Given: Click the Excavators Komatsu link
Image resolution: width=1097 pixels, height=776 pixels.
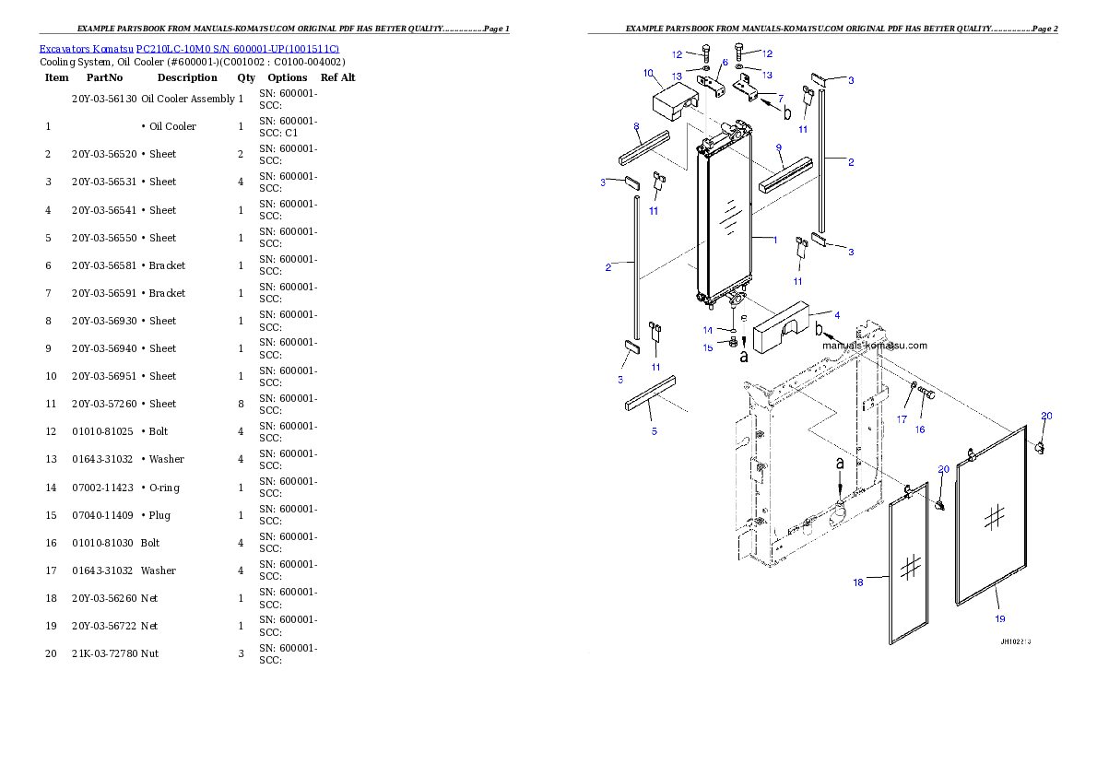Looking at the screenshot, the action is click(x=86, y=49).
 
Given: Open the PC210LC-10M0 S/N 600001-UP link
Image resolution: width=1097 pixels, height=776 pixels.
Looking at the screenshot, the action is click(x=238, y=49).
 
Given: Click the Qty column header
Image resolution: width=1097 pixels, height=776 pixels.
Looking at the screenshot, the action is click(x=246, y=77).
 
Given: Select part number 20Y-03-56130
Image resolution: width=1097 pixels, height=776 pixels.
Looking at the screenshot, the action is click(x=104, y=99).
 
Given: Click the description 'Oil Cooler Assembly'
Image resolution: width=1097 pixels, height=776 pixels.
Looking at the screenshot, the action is click(x=188, y=99).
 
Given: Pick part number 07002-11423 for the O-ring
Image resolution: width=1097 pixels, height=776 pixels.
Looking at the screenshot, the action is click(x=103, y=487).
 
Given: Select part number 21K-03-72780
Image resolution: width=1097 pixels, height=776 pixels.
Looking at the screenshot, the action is click(x=104, y=653).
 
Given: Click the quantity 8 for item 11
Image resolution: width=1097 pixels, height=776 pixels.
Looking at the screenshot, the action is click(x=241, y=404).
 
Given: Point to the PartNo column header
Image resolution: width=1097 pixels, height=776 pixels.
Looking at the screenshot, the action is click(x=104, y=77).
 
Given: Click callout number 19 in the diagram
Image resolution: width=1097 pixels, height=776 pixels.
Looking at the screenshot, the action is click(x=1000, y=618).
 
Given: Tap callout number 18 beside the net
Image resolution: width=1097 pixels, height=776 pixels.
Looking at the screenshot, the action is click(x=857, y=582).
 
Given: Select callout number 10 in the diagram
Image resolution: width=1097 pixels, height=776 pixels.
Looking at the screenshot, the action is click(x=649, y=73).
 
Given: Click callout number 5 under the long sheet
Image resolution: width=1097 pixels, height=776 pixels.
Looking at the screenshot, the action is click(x=655, y=431).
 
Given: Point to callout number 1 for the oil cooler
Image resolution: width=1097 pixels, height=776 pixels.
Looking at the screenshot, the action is click(x=775, y=240).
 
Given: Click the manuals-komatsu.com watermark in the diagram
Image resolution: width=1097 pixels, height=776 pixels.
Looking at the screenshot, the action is click(x=875, y=345).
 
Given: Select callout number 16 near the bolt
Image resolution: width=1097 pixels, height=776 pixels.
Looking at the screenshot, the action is click(x=920, y=429).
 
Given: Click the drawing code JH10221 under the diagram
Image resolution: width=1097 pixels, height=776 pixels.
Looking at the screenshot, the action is click(x=1015, y=641).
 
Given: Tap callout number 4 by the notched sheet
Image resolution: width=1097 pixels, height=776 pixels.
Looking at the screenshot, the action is click(x=837, y=315).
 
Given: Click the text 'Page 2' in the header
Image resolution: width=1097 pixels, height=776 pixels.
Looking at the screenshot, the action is click(x=1045, y=29).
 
